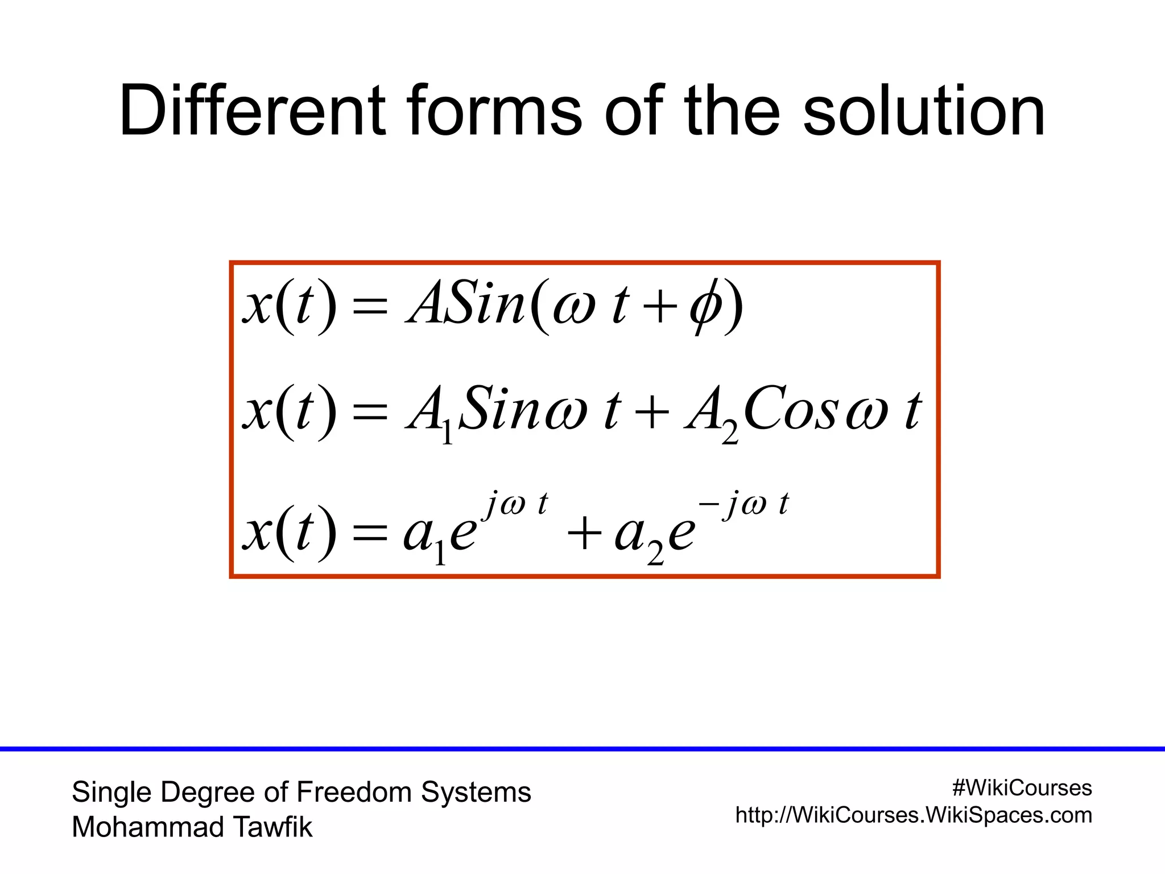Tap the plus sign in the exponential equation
click(584, 535)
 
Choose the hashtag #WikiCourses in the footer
click(1022, 788)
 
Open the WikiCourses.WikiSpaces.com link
click(914, 815)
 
